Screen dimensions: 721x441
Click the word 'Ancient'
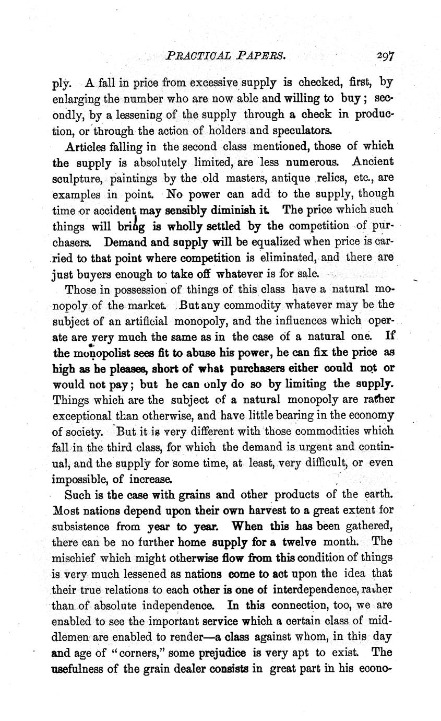click(373, 161)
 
